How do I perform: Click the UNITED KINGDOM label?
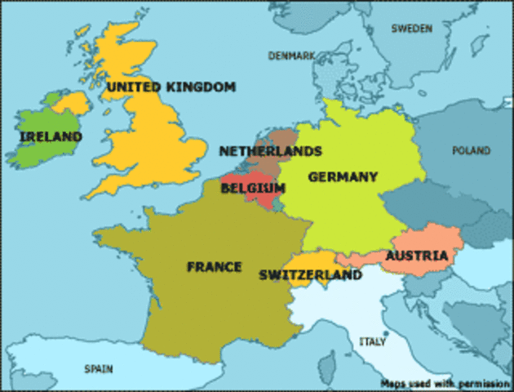171,87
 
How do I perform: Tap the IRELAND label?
51,136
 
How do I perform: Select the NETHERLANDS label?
270,151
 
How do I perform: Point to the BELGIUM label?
253,188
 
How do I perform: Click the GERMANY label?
343,176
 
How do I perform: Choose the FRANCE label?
214,266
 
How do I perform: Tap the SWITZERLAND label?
310,275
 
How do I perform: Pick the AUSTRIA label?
416,256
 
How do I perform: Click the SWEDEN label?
411,28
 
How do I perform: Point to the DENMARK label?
291,56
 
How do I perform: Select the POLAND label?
472,151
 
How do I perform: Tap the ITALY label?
372,341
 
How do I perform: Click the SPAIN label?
99,369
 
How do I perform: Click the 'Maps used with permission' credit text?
444,382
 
